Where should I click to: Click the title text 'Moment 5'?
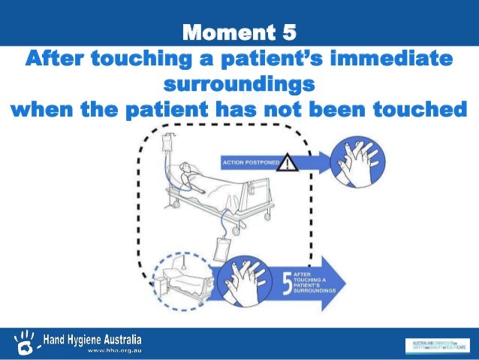pos(239,32)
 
